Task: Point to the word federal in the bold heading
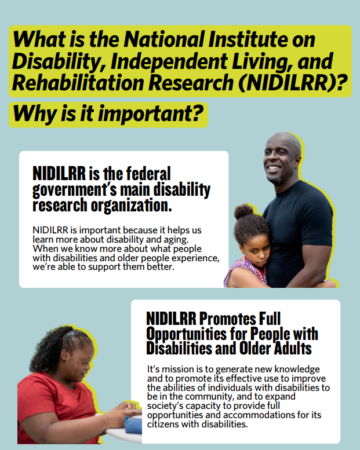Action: pos(145,173)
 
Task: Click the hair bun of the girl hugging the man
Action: pos(243,211)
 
